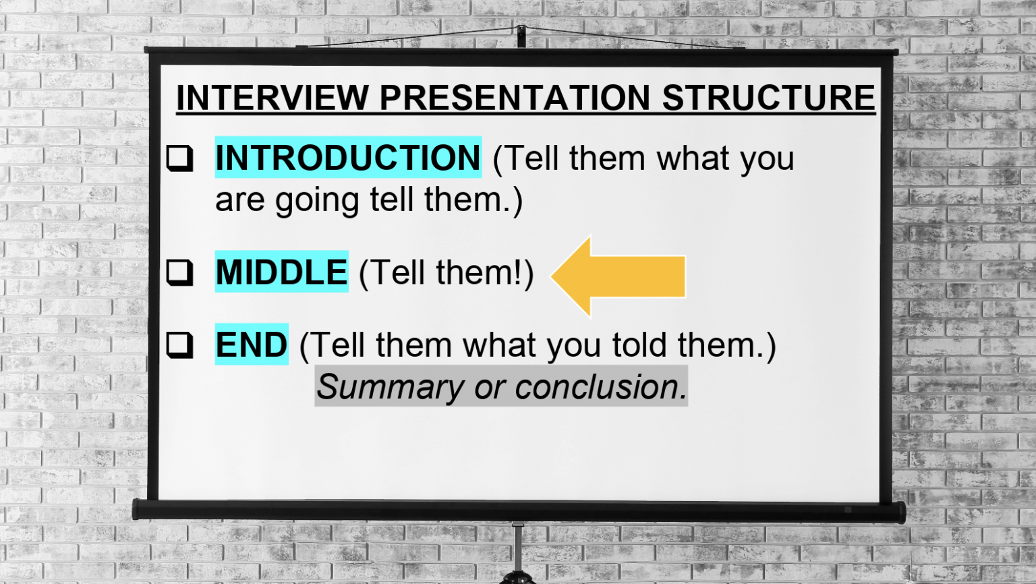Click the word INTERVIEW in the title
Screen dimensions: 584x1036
pyautogui.click(x=272, y=98)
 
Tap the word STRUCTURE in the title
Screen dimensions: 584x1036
pyautogui.click(x=768, y=98)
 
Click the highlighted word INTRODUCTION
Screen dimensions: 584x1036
pyautogui.click(x=348, y=158)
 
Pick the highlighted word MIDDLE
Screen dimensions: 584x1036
pyautogui.click(x=281, y=272)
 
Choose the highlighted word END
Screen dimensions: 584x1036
pyautogui.click(x=252, y=345)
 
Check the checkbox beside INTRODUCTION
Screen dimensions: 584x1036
pyautogui.click(x=180, y=158)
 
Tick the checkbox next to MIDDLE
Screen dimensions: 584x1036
pyautogui.click(x=180, y=272)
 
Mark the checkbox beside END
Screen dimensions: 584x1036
pyautogui.click(x=180, y=345)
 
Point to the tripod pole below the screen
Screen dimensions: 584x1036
pyautogui.click(x=517, y=549)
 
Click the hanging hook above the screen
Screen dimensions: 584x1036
pyautogui.click(x=521, y=35)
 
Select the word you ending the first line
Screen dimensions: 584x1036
pyautogui.click(x=767, y=160)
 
